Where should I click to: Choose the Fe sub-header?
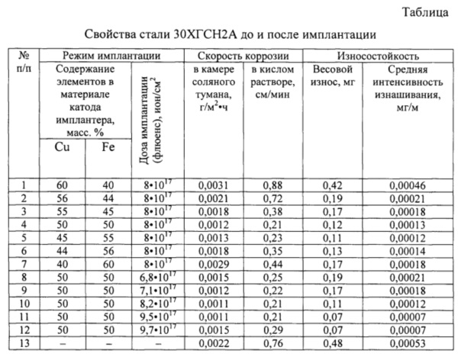107,147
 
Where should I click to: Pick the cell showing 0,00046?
405,184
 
